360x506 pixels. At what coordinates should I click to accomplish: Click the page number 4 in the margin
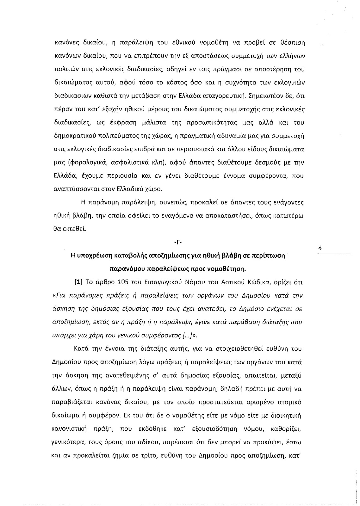[x=320, y=248]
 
